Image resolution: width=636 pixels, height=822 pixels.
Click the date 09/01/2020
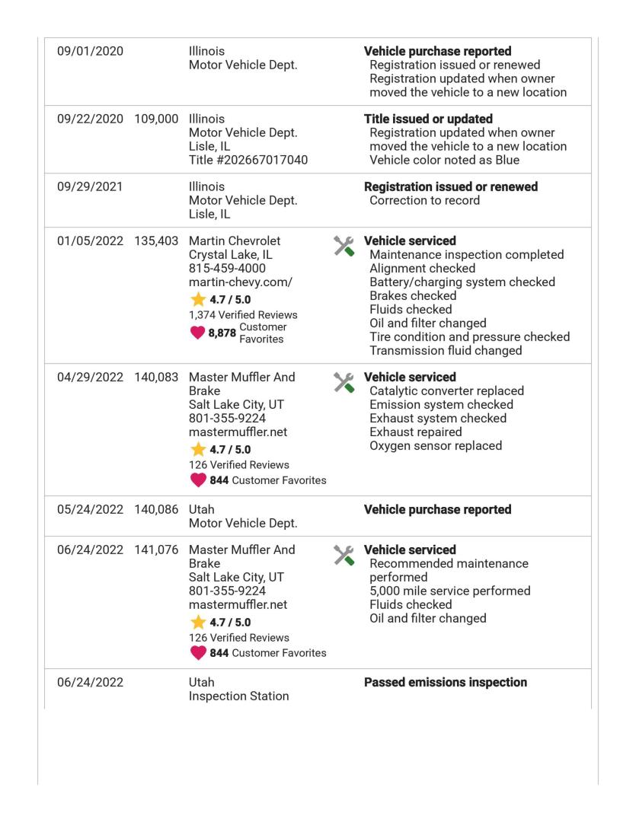coord(91,52)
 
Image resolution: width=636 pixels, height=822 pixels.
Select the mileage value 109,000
coord(155,119)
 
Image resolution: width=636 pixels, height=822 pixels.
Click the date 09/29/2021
coord(91,187)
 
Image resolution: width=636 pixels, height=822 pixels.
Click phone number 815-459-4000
coord(224,269)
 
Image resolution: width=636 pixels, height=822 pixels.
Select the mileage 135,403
coord(155,241)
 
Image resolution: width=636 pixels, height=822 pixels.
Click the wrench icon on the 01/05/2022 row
coord(345,245)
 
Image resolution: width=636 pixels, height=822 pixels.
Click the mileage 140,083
coord(155,378)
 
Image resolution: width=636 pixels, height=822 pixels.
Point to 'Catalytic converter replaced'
coord(446,391)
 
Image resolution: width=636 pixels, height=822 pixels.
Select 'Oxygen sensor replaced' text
coord(436,446)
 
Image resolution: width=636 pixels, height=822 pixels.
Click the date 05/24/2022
coord(91,510)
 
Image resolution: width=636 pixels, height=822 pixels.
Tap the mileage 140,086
coord(155,510)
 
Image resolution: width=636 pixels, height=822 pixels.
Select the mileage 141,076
coord(155,550)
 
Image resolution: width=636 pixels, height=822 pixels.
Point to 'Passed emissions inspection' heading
coord(446,683)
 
